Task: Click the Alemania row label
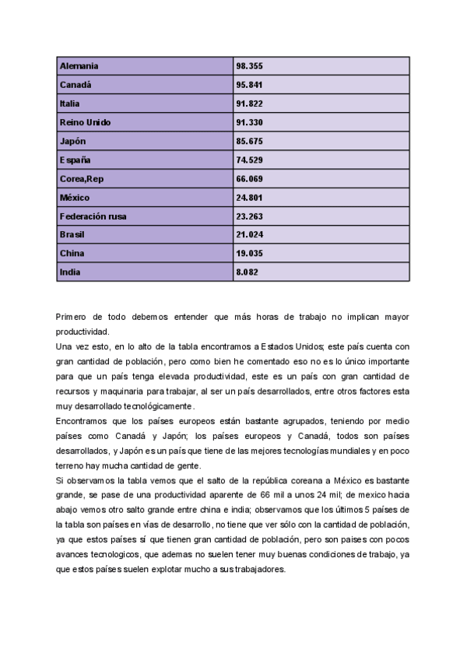(x=79, y=66)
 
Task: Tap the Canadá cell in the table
(x=75, y=85)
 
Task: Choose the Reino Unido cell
(x=86, y=122)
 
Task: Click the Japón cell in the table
(x=72, y=141)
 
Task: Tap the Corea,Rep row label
(x=82, y=179)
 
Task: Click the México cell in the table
(x=75, y=198)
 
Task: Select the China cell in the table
(x=72, y=254)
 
